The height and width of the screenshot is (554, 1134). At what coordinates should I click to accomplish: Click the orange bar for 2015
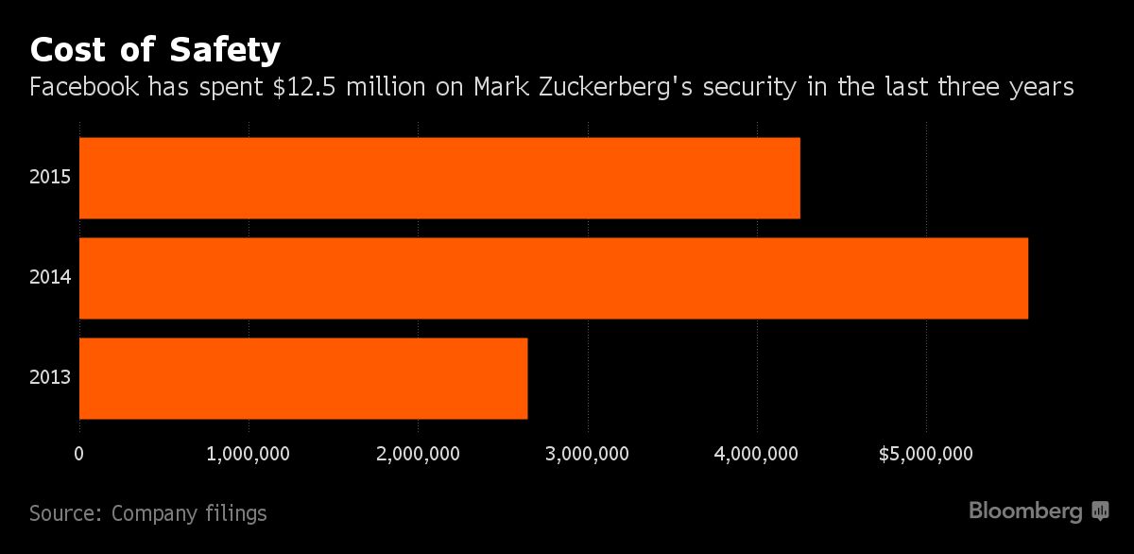tap(439, 178)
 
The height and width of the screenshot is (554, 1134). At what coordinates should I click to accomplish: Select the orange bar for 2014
tap(553, 278)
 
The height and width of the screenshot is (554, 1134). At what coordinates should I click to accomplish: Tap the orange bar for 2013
tap(302, 378)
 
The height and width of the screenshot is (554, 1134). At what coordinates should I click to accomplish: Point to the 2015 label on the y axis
tap(50, 178)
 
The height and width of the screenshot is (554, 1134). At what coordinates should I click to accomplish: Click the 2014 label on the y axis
tap(50, 278)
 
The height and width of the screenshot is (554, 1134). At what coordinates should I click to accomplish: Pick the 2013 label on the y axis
tap(50, 378)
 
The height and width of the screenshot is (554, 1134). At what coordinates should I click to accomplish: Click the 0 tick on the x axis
tap(79, 454)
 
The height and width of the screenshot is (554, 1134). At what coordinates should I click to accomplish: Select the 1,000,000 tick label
tap(249, 454)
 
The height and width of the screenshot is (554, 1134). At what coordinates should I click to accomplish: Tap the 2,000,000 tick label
tap(418, 454)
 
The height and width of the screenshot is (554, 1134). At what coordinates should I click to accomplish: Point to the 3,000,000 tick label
tap(587, 454)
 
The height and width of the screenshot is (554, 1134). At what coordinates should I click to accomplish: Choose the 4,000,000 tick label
tap(756, 454)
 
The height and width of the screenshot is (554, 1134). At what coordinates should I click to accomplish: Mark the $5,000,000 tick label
tap(925, 454)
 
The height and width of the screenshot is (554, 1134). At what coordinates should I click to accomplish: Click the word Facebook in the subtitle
tap(85, 88)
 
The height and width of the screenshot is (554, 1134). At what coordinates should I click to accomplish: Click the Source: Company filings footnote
tap(148, 513)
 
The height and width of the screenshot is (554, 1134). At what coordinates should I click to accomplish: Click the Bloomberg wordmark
tap(1025, 511)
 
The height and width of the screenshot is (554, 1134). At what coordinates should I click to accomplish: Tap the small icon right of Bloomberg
tap(1100, 511)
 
